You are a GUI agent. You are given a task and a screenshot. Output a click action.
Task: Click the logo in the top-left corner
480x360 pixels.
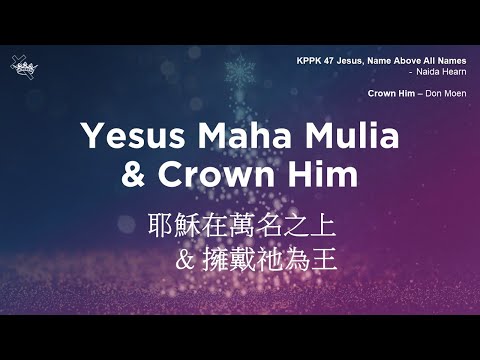pos(22,67)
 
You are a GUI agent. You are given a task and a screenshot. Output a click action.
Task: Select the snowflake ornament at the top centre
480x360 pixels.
pos(239,72)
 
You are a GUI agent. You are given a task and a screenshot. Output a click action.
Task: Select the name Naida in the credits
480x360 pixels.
pos(414,73)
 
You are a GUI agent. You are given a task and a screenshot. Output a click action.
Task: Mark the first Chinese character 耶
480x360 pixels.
pos(161,224)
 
